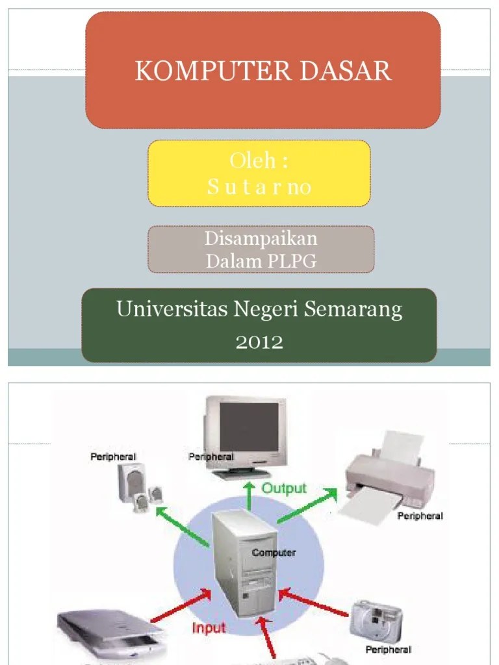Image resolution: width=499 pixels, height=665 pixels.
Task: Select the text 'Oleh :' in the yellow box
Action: click(x=259, y=161)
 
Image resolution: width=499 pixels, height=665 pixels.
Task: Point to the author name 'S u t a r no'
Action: click(x=259, y=188)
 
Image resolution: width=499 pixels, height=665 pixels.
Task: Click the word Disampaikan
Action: click(x=261, y=238)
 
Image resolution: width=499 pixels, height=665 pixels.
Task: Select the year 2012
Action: click(x=259, y=342)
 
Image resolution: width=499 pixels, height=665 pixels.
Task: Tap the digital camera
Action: click(x=376, y=618)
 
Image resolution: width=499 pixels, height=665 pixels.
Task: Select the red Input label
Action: click(x=209, y=628)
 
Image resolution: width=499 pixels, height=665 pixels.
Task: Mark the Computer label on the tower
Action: click(x=274, y=553)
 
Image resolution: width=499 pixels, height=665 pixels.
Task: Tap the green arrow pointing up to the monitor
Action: click(x=249, y=496)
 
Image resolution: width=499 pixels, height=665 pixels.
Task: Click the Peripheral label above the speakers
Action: click(x=113, y=457)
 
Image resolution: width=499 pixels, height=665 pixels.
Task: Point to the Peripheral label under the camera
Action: click(x=389, y=649)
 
